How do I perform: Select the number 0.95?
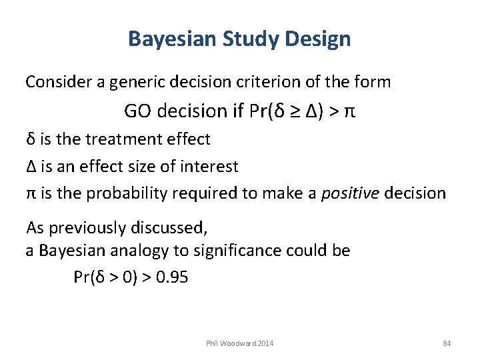[x=171, y=277]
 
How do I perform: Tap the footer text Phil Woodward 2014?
[x=240, y=343]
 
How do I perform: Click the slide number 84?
[x=447, y=343]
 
